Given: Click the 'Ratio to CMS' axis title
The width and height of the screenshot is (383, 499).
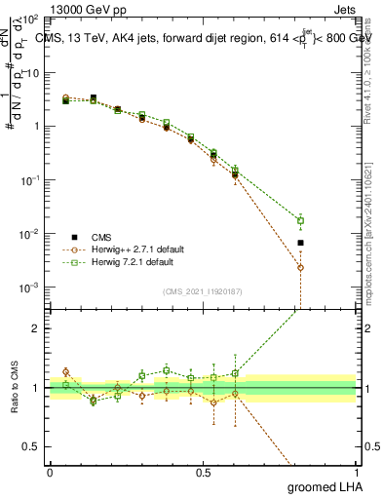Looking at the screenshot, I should click(15, 387).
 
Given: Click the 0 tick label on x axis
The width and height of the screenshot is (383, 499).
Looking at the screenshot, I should click(50, 473).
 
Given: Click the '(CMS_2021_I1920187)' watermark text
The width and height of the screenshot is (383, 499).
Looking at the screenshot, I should click(203, 290).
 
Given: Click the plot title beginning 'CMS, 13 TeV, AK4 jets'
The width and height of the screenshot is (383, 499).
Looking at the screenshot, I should click(205, 39).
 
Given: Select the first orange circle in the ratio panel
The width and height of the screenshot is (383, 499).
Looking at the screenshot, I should click(65, 371).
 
